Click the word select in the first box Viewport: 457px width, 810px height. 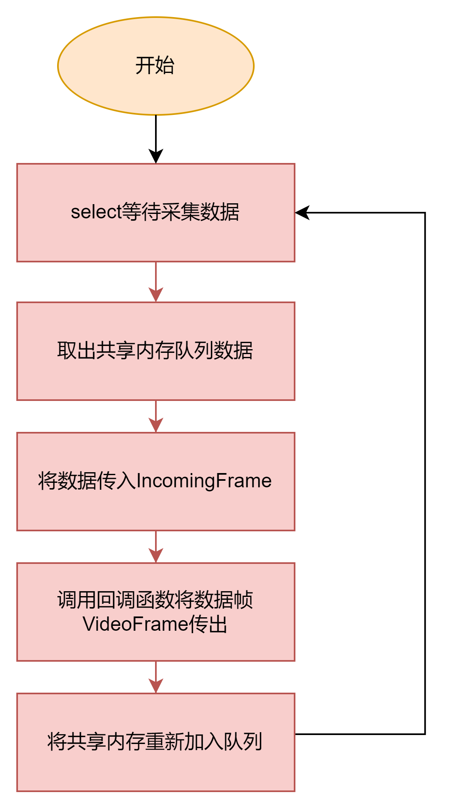[96, 212]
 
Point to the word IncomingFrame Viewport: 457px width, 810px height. [204, 481]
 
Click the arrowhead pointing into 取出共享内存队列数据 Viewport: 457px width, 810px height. [156, 294]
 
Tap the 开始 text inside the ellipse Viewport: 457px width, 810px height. [155, 66]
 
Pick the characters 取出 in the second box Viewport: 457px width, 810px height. [76, 350]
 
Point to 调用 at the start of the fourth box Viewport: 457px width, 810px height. [76, 600]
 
